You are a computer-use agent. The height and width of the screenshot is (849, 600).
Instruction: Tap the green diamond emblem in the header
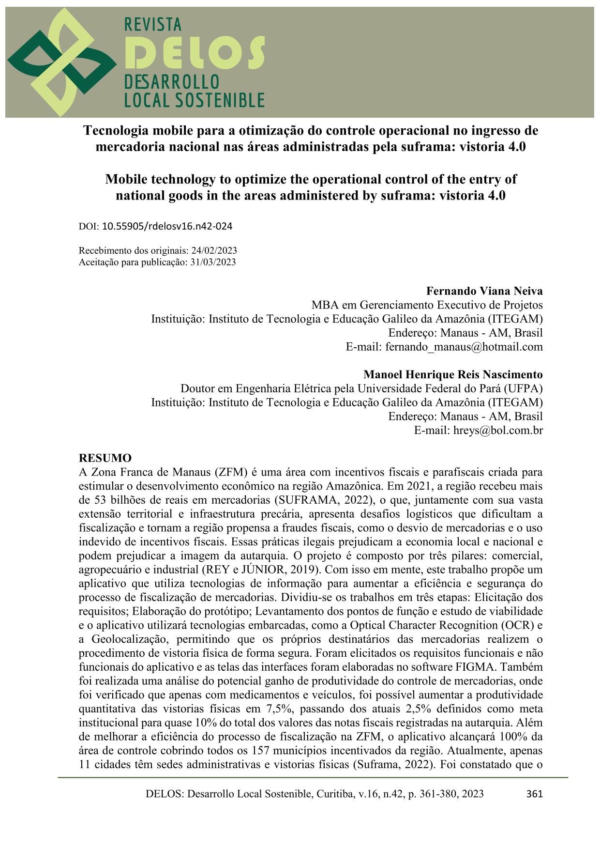[60, 62]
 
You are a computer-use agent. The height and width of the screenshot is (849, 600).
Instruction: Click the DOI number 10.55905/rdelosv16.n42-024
[167, 226]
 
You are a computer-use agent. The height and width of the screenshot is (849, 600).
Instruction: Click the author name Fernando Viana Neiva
[484, 291]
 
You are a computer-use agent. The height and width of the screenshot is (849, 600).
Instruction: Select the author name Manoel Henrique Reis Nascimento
[453, 374]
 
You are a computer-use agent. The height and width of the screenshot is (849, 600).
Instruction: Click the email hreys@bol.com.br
[498, 430]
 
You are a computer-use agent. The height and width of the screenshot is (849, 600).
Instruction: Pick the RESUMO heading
[105, 458]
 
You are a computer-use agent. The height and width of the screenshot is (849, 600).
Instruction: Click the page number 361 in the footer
[534, 794]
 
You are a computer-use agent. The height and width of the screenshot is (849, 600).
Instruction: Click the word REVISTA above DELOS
[153, 24]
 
